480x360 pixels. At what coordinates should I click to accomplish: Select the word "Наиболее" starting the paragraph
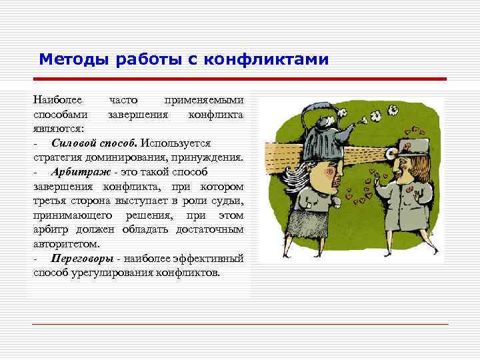pyautogui.click(x=58, y=101)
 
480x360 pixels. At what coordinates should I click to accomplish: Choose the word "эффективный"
pyautogui.click(x=211, y=259)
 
